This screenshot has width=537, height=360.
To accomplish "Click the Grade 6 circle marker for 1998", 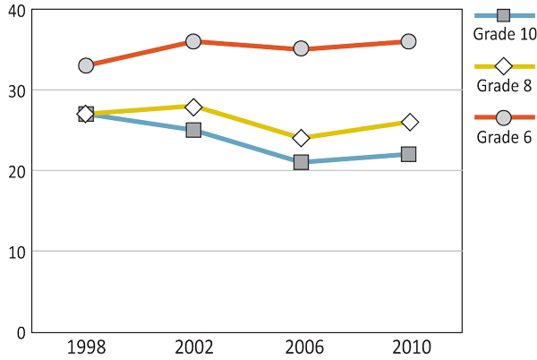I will pos(86,65).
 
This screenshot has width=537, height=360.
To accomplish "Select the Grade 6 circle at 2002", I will pos(193,41).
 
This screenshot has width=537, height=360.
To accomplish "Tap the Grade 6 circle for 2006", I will pos(301,48).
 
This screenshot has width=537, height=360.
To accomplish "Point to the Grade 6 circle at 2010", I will pos(408,41).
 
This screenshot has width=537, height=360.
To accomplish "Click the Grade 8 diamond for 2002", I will pos(193,107).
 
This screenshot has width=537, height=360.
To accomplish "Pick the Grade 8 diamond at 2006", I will pos(301,138).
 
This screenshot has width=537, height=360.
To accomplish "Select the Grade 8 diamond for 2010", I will pos(409,122).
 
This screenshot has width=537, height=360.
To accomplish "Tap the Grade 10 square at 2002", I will pos(193,130).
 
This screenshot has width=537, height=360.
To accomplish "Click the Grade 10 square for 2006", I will pos(301,162).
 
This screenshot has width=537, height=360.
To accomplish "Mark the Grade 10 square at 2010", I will pos(408,154).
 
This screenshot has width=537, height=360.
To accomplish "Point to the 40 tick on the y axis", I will pos(16,11).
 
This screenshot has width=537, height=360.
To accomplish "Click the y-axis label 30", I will pos(16,90).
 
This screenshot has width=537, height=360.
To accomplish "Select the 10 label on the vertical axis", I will pos(16,252).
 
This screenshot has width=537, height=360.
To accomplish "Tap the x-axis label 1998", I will pos(86,347).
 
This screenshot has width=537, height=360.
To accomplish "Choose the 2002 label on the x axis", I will pos(193,347).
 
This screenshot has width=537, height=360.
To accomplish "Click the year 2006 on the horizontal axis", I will pos(301,347).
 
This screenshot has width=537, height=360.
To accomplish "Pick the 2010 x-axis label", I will pos(408,347).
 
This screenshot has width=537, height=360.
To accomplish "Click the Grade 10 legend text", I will pos(505,34).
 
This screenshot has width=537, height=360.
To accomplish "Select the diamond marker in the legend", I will pos(504,66).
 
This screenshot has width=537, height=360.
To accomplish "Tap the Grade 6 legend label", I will pos(504,137).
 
